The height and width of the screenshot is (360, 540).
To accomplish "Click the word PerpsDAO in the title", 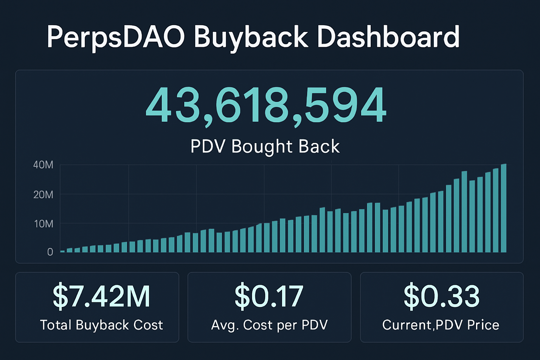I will [x=115, y=37].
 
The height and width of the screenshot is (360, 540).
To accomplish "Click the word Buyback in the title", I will [x=251, y=37].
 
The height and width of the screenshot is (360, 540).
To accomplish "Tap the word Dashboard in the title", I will [x=388, y=37].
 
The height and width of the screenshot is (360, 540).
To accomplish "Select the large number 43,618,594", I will [x=266, y=105].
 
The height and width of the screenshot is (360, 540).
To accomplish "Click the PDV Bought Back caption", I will [x=265, y=146].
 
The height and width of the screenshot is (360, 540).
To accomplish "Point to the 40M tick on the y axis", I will [x=43, y=165].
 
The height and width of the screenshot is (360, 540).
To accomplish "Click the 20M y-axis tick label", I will [x=43, y=194].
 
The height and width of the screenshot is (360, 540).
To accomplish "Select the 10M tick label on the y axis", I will [x=44, y=224].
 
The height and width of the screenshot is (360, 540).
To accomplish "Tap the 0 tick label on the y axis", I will [x=50, y=252].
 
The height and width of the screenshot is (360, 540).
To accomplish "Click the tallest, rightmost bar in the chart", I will [x=503, y=208].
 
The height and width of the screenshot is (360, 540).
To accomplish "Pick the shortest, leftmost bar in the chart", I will [x=62, y=251].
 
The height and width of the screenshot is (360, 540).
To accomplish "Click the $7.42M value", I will [x=101, y=296].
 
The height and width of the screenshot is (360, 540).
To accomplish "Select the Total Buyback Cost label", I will [x=101, y=325].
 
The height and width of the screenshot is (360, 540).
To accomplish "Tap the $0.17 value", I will [x=269, y=296].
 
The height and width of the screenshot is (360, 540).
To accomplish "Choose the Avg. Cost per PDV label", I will [x=269, y=325].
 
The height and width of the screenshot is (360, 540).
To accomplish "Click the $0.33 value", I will [x=442, y=296].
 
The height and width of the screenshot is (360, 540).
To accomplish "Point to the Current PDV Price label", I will [x=441, y=325].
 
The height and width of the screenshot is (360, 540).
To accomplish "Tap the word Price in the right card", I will [x=483, y=325].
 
